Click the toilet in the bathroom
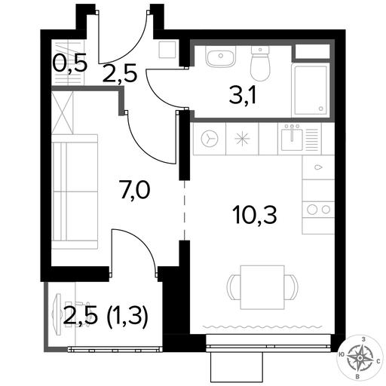(x=260, y=63)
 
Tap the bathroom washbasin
(x=221, y=57)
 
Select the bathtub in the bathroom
(x=310, y=90)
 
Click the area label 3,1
(x=243, y=97)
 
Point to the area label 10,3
(x=255, y=215)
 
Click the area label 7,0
(x=136, y=190)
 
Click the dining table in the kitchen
(x=262, y=287)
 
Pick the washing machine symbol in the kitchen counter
(x=210, y=139)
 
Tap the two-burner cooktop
(x=318, y=210)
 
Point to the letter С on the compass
(x=378, y=361)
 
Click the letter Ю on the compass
(x=342, y=354)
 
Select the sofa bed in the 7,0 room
(x=75, y=191)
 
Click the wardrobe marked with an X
(x=63, y=112)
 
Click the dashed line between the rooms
(x=185, y=210)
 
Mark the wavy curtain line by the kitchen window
(x=262, y=327)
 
